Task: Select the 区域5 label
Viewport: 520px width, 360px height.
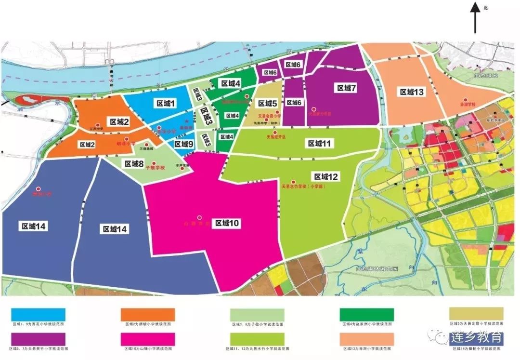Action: (267, 103)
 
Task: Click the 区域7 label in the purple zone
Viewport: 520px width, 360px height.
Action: (346, 88)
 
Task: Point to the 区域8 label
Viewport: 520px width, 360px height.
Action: (134, 163)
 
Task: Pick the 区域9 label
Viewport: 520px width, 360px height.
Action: (183, 144)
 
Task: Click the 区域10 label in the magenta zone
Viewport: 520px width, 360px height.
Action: (227, 223)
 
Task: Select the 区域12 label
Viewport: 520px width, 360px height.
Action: (326, 176)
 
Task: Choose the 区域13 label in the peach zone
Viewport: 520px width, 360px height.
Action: (412, 92)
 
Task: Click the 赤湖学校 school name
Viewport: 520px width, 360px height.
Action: (467, 104)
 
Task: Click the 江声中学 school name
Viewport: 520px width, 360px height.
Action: (97, 129)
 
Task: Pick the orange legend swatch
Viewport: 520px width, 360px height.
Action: (147, 315)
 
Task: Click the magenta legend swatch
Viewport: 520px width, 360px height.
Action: (147, 339)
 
